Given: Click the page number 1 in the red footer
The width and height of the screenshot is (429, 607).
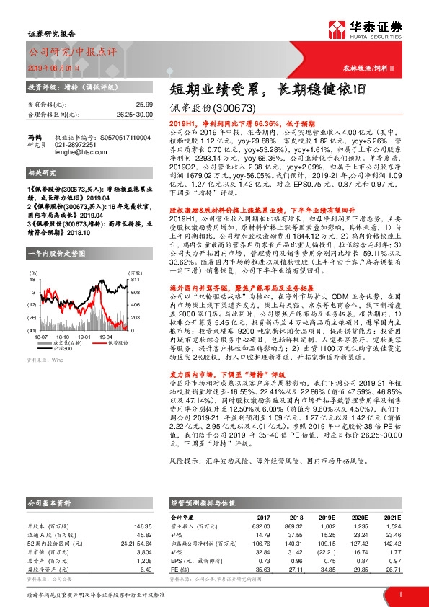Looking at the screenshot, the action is tap(399, 594).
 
